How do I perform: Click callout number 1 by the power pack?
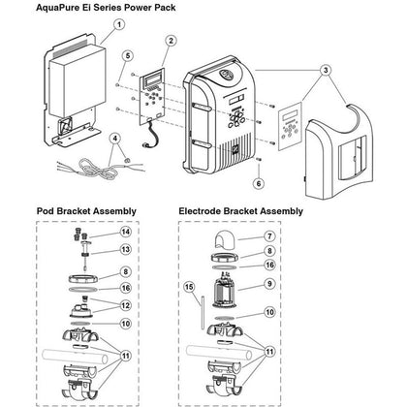point(119,24)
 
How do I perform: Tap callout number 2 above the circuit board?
point(171,41)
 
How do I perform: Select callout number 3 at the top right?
point(326,70)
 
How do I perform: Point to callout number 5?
point(128,55)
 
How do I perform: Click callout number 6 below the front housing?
point(259,183)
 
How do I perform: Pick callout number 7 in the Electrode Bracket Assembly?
point(269,236)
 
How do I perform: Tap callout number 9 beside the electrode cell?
point(269,284)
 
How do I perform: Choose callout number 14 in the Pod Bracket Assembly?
point(126,232)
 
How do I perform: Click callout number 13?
point(125,249)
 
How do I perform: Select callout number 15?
point(190,287)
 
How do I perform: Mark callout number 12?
point(125,305)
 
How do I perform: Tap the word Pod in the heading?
point(46,211)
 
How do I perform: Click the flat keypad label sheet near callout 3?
point(291,126)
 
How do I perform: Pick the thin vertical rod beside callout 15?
point(203,312)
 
